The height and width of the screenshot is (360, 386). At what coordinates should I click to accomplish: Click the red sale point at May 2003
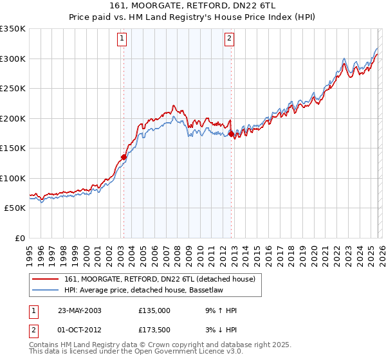(x=124, y=157)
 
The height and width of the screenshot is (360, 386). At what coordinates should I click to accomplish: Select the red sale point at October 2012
(x=232, y=134)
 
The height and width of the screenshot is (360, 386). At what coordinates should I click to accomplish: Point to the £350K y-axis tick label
(x=13, y=29)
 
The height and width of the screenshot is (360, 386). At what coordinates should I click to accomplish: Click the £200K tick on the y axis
(x=13, y=118)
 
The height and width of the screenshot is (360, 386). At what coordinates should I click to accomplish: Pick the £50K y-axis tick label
(x=15, y=208)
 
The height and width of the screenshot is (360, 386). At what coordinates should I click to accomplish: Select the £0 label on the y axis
(x=19, y=238)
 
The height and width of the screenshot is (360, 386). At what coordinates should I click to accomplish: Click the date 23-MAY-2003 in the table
(x=79, y=310)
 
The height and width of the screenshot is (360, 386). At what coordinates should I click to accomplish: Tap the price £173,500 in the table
(x=154, y=330)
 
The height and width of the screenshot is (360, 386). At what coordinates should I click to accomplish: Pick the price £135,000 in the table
(x=154, y=310)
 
